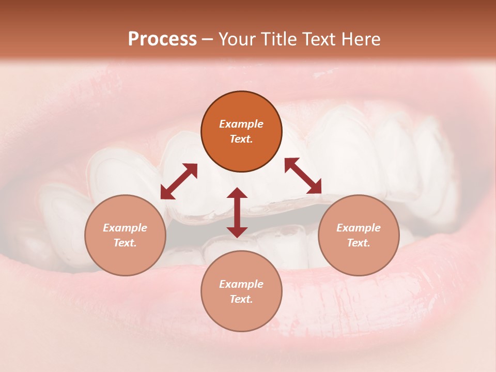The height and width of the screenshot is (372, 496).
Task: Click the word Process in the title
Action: pos(162,39)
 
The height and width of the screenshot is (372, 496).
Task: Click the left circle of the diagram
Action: pos(125,235)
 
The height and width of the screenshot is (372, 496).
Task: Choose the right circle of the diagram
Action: pos(358,235)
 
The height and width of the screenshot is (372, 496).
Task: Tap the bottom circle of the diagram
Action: pos(241,291)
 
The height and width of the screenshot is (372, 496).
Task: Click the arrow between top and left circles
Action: pos(179,181)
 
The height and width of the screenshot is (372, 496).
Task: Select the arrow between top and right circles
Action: pos(303,176)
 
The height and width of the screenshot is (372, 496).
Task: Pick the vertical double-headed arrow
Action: pos(237,212)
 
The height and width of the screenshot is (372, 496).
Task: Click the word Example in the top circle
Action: pos(241,124)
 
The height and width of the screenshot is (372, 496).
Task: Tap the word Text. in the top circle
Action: pos(241,139)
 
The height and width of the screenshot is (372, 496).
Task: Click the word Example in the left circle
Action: pos(125,228)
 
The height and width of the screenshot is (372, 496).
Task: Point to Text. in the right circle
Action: pos(358,243)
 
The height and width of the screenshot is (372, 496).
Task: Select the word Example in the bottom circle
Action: pos(241,284)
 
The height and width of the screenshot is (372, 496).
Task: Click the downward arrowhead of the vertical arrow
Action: pos(237,231)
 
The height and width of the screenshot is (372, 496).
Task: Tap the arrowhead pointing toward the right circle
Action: pos(315,188)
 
